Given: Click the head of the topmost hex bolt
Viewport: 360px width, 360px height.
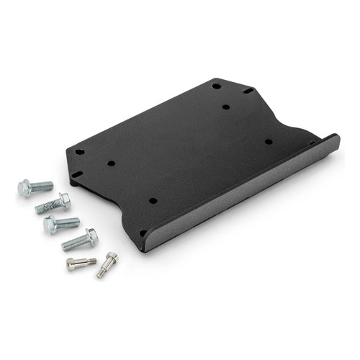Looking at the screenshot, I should pos(24,189).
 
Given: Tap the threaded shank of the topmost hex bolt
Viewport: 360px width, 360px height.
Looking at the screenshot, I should pos(42,186).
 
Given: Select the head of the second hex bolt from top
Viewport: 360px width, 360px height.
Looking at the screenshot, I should pos(64,199).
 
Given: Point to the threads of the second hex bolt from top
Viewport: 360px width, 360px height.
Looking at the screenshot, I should pos(47,207).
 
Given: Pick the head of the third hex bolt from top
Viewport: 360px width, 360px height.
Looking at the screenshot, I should pos(50,225).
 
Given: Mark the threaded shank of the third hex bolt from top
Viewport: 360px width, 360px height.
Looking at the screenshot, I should pos(68,221).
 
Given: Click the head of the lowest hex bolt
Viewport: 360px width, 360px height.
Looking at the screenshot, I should pos(91,235).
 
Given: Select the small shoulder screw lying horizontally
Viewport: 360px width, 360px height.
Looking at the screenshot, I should pos(81,264).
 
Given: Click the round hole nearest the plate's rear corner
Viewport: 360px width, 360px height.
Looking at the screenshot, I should pos(216,86).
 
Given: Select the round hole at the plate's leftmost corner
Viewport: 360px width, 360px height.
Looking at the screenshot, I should pos(79,152).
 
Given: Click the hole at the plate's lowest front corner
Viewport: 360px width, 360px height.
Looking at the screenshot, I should pos(143,233).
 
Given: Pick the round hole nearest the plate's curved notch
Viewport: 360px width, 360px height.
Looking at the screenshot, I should pos(268,141).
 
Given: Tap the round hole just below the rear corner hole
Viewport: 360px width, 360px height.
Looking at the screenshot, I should pos(225,107).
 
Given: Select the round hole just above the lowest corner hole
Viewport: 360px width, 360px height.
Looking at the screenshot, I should pos(152,200).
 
